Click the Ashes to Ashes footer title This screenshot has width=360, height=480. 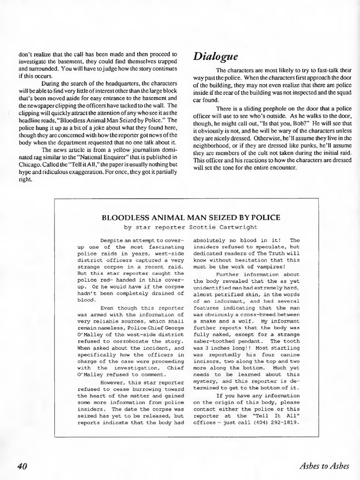pos(323,465)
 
